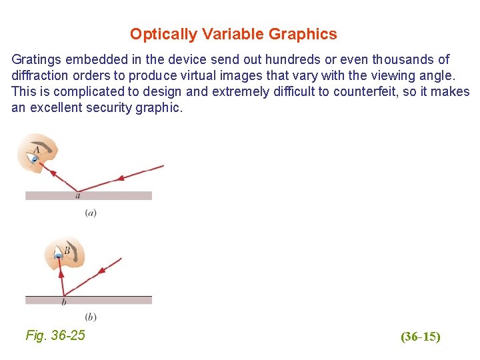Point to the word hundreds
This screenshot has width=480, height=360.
255,60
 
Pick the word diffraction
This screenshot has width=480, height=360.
39,76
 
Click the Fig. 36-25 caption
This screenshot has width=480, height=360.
55,335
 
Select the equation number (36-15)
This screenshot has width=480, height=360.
420,337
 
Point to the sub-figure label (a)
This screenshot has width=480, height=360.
91,213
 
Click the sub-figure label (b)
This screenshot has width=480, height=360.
91,316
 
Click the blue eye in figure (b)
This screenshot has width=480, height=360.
59,255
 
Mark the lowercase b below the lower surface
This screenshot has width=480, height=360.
63,303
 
